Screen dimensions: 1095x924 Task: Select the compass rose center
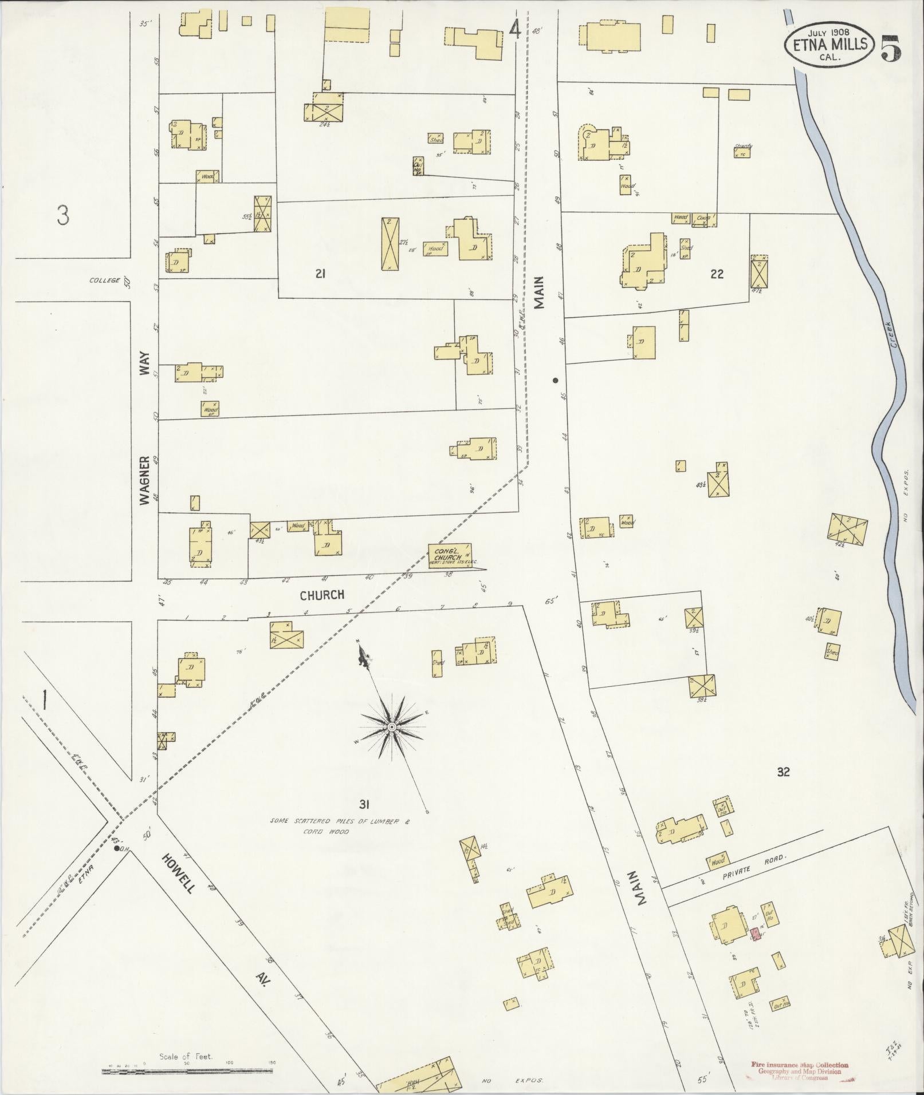coord(392,727)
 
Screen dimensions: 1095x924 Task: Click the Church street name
coord(323,595)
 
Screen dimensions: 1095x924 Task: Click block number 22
coord(717,274)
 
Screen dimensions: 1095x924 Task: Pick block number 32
coord(783,772)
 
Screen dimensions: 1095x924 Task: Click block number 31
coord(364,804)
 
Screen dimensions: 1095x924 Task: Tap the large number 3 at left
coord(63,216)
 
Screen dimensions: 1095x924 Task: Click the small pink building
coord(756,935)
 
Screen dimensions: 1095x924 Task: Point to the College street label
coord(105,280)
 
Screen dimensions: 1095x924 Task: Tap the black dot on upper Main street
coord(555,380)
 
